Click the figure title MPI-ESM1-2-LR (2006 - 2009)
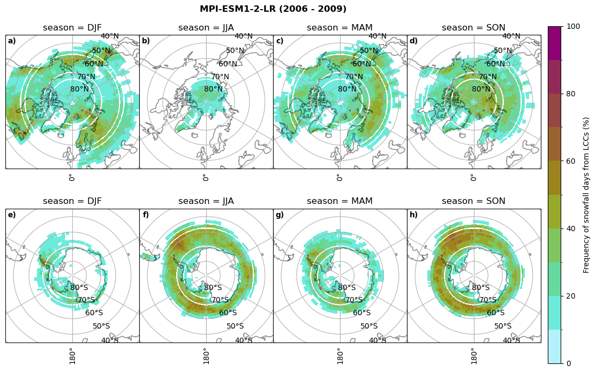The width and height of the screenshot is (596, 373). pyautogui.click(x=273, y=9)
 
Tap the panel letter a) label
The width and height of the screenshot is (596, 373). pyautogui.click(x=12, y=41)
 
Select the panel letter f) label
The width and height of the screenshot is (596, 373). pyautogui.click(x=146, y=215)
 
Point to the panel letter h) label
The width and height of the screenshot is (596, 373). pyautogui.click(x=413, y=215)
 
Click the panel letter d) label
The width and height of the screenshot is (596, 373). pyautogui.click(x=413, y=41)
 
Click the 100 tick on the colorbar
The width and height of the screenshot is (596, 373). pyautogui.click(x=573, y=26)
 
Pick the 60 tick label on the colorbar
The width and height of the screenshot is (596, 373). pyautogui.click(x=571, y=161)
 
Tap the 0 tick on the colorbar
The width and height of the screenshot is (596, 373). pyautogui.click(x=569, y=363)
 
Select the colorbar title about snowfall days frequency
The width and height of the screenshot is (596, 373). pyautogui.click(x=586, y=195)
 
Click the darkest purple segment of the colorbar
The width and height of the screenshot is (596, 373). pyautogui.click(x=555, y=43)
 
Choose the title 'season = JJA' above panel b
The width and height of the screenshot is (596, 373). pyautogui.click(x=206, y=28)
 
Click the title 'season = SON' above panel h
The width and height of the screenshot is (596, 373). pyautogui.click(x=473, y=201)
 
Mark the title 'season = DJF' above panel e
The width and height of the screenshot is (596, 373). pyautogui.click(x=72, y=201)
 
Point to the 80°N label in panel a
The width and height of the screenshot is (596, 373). pyautogui.click(x=79, y=89)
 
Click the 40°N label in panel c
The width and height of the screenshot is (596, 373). pyautogui.click(x=377, y=36)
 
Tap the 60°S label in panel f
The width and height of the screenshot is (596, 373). pyautogui.click(x=228, y=313)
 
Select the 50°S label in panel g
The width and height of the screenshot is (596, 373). pyautogui.click(x=369, y=326)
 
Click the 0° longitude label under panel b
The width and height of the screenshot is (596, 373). pyautogui.click(x=206, y=177)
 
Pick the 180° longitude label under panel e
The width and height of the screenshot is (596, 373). pyautogui.click(x=72, y=355)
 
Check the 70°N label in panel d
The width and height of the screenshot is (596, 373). pyautogui.click(x=487, y=77)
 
